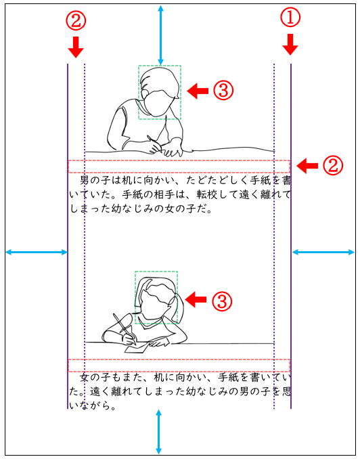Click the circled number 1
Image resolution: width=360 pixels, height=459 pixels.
[290, 17]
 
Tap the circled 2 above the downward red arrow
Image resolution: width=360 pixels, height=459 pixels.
[76, 20]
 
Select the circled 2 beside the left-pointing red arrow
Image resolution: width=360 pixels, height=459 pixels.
[332, 165]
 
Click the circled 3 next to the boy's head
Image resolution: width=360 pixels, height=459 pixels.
[223, 91]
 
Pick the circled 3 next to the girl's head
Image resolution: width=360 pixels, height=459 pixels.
[222, 301]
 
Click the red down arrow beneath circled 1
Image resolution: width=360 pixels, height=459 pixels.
[290, 45]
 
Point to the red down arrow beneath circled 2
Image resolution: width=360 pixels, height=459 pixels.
[76, 47]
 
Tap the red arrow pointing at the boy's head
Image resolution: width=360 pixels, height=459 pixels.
[198, 91]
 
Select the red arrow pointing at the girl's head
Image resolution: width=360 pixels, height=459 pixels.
[196, 299]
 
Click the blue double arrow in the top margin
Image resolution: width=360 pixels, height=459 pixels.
[160, 35]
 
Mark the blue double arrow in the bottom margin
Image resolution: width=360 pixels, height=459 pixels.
[158, 432]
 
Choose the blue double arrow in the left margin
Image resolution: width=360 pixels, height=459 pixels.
[37, 252]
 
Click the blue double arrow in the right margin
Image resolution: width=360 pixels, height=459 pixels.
[323, 252]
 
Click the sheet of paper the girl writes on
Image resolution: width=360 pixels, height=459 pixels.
[137, 348]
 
